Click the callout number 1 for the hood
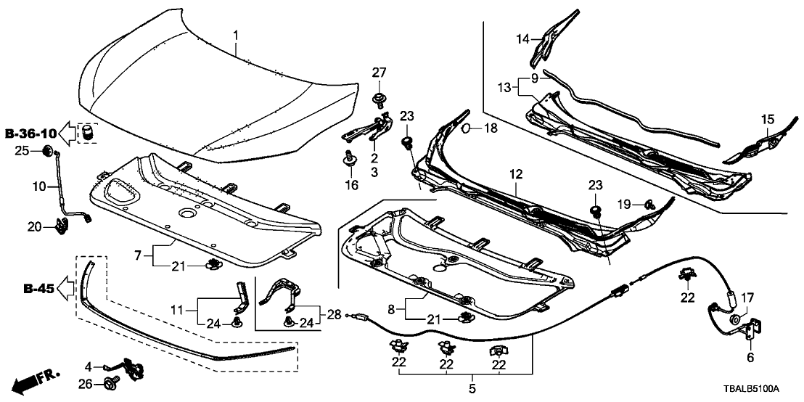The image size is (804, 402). point(235,35)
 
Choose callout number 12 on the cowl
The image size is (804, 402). point(515,175)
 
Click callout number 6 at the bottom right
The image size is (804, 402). point(750,357)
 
